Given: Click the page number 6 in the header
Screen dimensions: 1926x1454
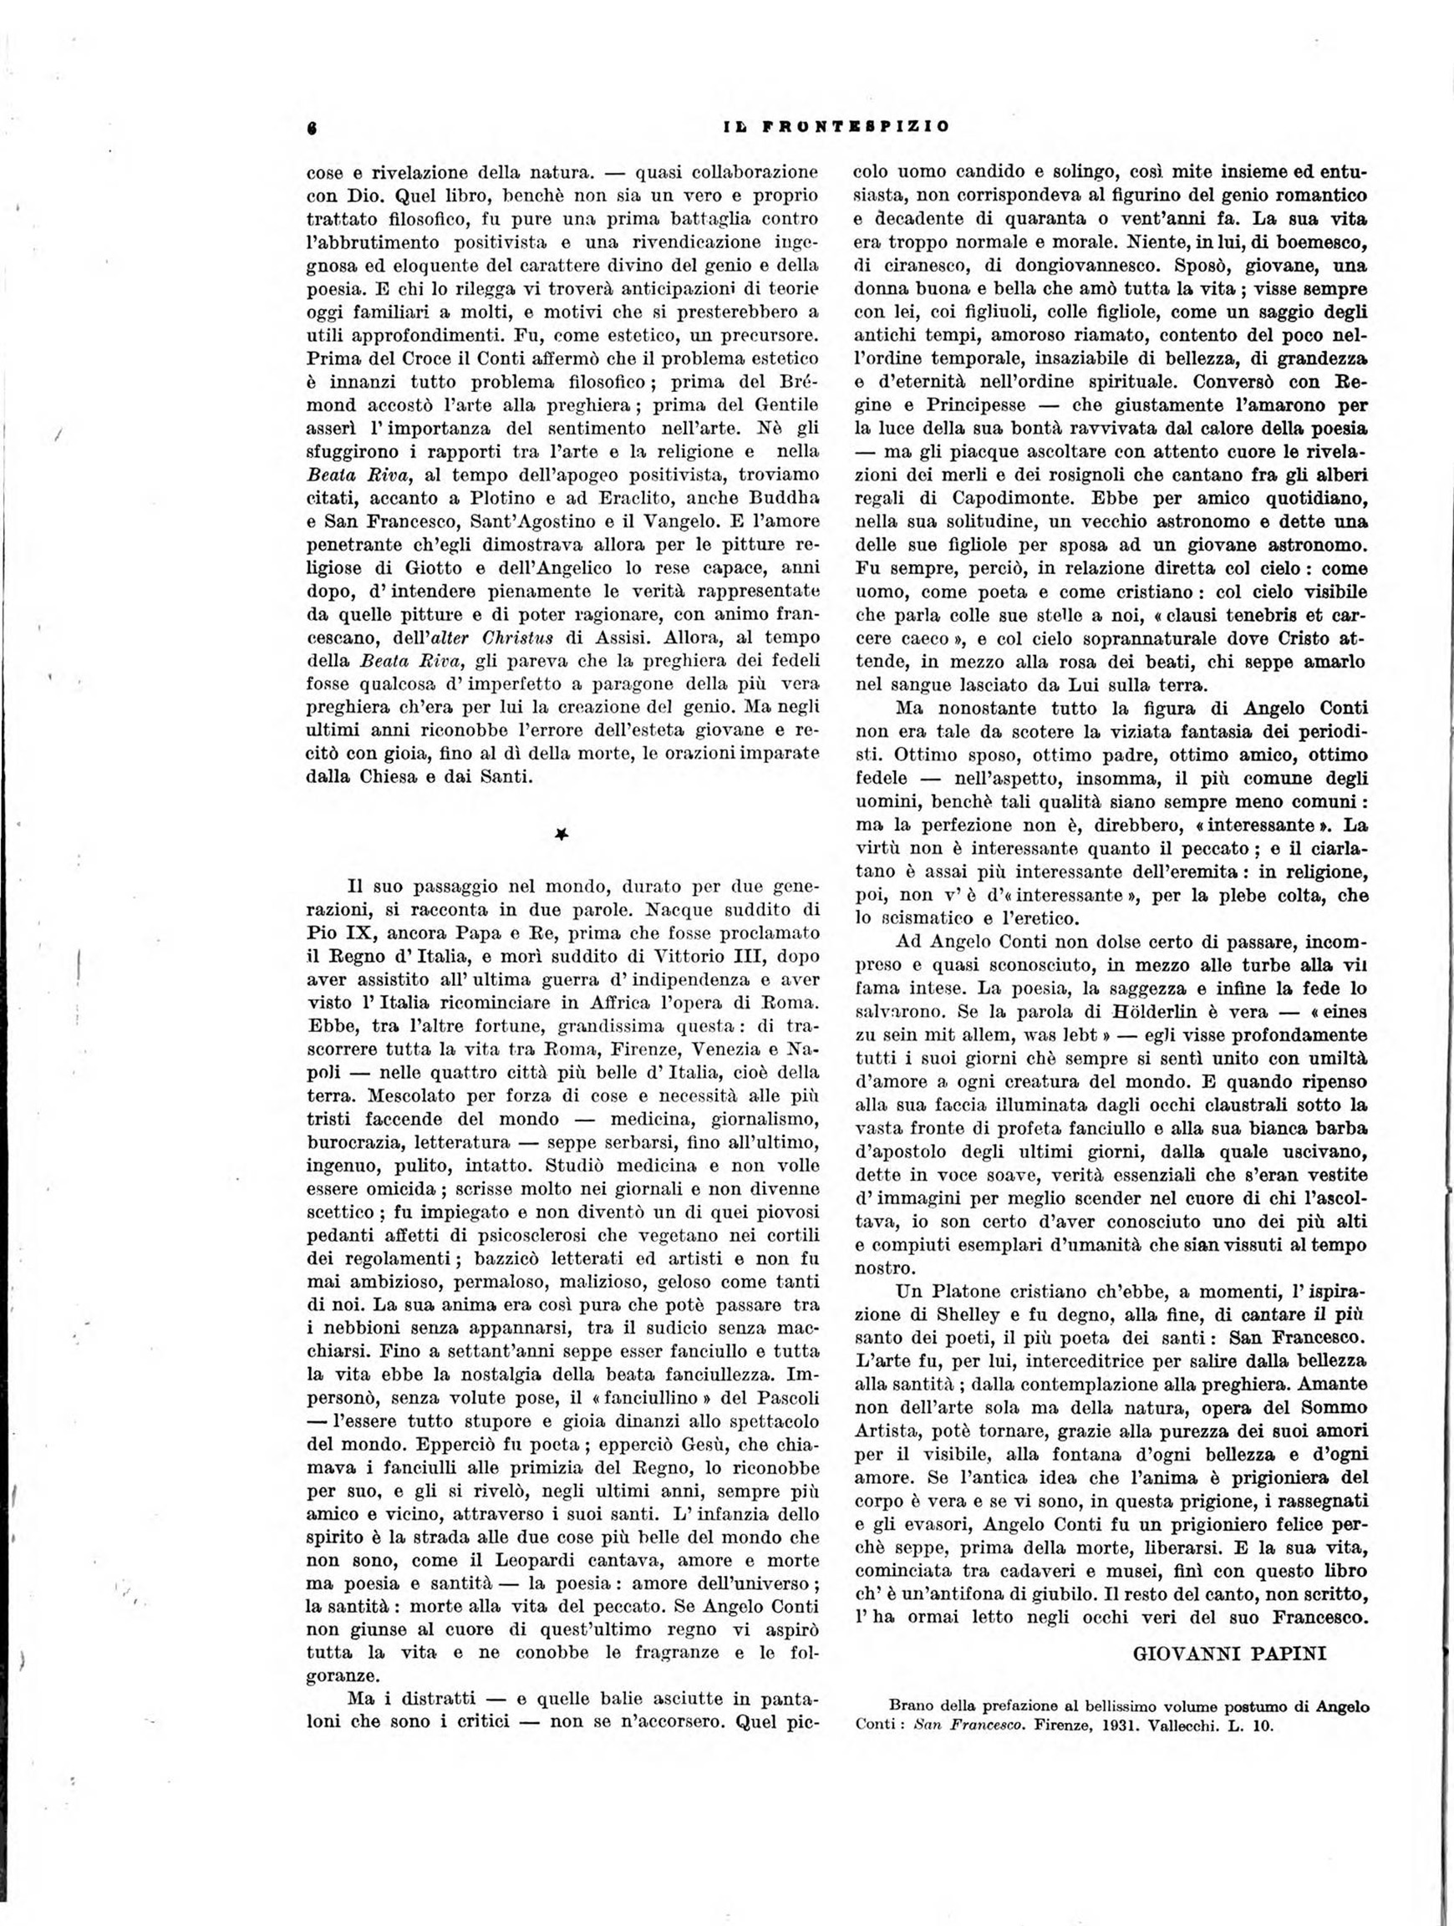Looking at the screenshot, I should [x=311, y=125].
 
